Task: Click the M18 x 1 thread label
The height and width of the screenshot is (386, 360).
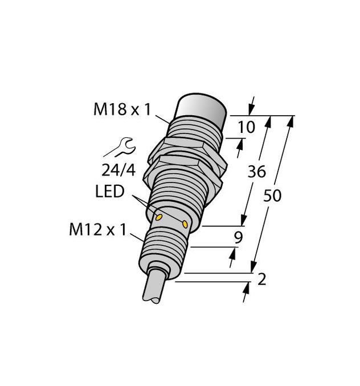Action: tap(122, 109)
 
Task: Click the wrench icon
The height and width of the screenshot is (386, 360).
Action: tap(120, 149)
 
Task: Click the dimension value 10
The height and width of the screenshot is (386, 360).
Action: tap(247, 128)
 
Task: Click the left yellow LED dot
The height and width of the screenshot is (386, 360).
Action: tap(159, 218)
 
